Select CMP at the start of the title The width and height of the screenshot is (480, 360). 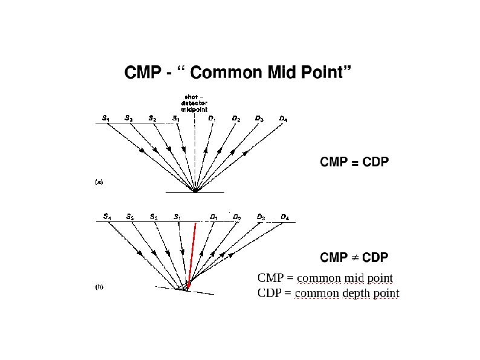coord(143,73)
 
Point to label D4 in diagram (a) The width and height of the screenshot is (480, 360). coord(284,119)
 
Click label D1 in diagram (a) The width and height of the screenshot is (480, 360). coord(212,119)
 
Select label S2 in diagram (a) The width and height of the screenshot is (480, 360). coord(153,119)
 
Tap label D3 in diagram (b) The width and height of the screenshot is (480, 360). coord(261,217)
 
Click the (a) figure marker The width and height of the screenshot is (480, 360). coord(99,181)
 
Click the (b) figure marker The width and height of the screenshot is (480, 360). coord(99,287)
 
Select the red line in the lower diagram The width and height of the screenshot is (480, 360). coord(192,254)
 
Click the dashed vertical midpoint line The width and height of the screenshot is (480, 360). coord(195,151)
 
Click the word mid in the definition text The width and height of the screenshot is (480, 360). coord(337,278)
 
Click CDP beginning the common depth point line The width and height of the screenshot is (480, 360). coord(270,294)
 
